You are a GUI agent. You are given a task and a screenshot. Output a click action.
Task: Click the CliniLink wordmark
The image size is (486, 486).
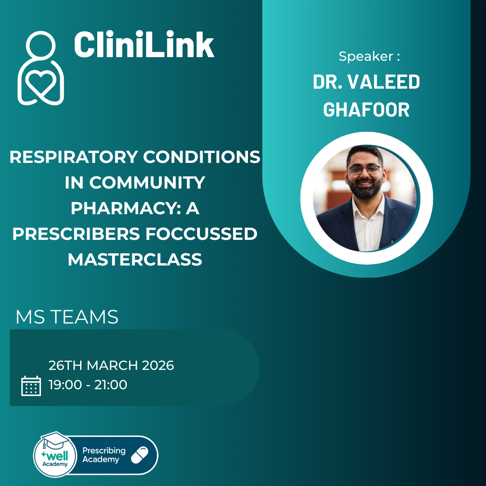(x=144, y=45)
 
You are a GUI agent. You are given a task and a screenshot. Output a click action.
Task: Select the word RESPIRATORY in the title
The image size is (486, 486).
(x=73, y=157)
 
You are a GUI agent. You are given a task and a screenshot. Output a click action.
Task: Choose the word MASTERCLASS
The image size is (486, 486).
(x=135, y=260)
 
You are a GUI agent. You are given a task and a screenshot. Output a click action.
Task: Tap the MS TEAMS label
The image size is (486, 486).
(x=67, y=317)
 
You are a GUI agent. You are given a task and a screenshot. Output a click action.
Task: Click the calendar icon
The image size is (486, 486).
(x=31, y=386)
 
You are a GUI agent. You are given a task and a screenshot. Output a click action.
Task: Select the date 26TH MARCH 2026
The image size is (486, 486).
(x=111, y=365)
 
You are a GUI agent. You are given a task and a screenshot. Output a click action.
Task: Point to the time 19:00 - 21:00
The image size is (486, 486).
(x=88, y=385)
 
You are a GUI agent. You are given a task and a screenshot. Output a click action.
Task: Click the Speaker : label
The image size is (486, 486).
(x=369, y=56)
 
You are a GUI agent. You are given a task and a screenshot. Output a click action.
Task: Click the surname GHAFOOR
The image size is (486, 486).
(x=366, y=109)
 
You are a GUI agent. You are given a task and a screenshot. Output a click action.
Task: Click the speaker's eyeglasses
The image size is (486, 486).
(x=365, y=169)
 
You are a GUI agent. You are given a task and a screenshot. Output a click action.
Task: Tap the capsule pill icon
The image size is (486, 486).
(x=139, y=455)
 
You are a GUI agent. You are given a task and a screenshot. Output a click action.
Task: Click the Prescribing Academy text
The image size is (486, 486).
(x=104, y=455)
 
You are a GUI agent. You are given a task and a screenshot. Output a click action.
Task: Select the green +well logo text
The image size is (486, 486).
(x=54, y=456)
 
